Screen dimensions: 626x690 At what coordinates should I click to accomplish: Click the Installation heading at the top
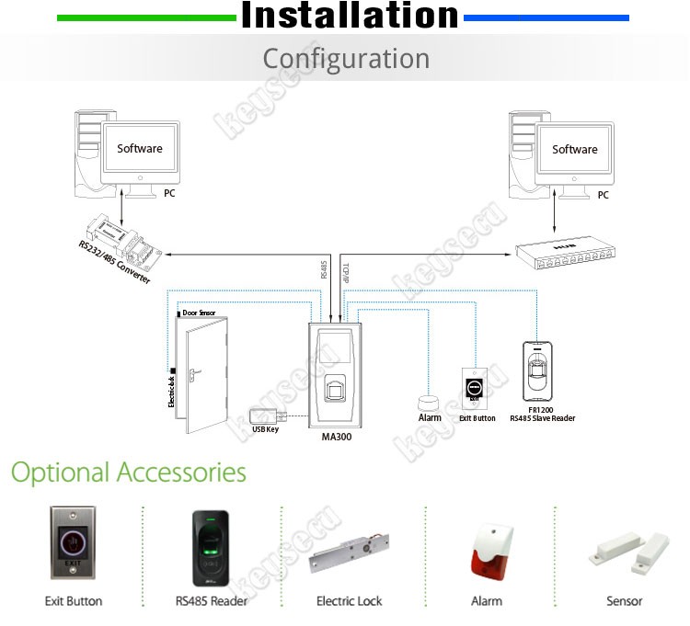(x=350, y=17)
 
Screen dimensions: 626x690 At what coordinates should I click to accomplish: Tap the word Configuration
(x=346, y=59)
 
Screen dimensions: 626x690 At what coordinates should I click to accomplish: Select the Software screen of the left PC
(x=140, y=148)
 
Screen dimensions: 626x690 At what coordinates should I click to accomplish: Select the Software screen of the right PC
(x=574, y=149)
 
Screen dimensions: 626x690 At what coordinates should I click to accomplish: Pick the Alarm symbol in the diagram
(x=429, y=403)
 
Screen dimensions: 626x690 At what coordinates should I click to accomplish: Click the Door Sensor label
(x=199, y=313)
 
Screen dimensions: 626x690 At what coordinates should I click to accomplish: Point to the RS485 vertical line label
(x=323, y=269)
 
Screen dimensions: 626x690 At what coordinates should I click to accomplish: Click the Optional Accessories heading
(x=129, y=472)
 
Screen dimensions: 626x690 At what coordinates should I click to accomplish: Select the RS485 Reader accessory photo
(x=211, y=547)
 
